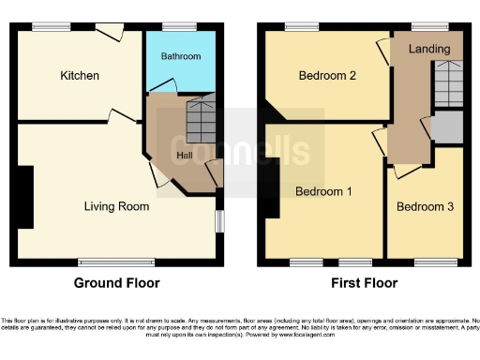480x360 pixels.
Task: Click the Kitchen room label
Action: pyautogui.click(x=80, y=75)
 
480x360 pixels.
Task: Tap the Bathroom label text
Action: pyautogui.click(x=180, y=56)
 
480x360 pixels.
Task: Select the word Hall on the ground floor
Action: pyautogui.click(x=186, y=155)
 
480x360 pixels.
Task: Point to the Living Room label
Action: pyautogui.click(x=116, y=206)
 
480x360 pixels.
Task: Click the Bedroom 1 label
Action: pyautogui.click(x=323, y=192)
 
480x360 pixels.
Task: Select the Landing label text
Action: pyautogui.click(x=428, y=49)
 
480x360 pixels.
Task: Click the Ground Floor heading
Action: pyautogui.click(x=116, y=283)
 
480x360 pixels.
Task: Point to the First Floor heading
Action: pyautogui.click(x=364, y=283)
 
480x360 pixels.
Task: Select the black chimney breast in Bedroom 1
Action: pyautogui.click(x=271, y=192)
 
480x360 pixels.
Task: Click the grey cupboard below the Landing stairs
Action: pyautogui.click(x=447, y=127)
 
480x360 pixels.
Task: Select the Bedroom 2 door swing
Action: pyautogui.click(x=382, y=52)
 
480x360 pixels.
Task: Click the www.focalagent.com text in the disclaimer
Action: pyautogui.click(x=314, y=333)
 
